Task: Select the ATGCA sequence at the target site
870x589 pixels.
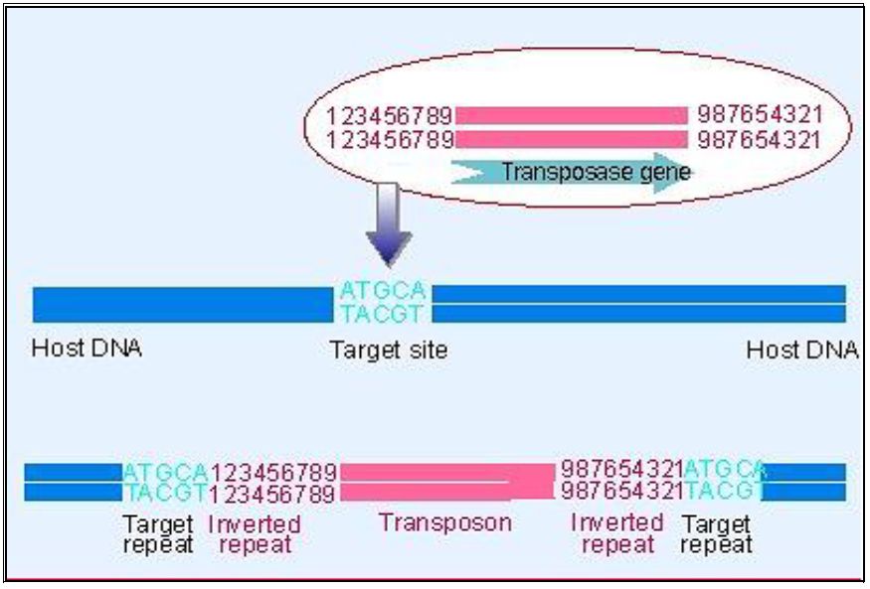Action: pyautogui.click(x=383, y=291)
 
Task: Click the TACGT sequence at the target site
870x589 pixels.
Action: pyautogui.click(x=383, y=313)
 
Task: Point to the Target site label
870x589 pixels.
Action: pyautogui.click(x=389, y=350)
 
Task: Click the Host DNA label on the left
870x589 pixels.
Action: pyautogui.click(x=87, y=349)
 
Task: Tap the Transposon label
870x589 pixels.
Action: pyautogui.click(x=445, y=522)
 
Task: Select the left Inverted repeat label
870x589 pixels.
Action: pyautogui.click(x=256, y=533)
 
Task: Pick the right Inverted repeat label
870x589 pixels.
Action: pyautogui.click(x=617, y=533)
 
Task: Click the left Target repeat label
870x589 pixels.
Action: pyautogui.click(x=158, y=533)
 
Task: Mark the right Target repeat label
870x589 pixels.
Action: pyautogui.click(x=717, y=533)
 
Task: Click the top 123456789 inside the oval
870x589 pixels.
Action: pyautogui.click(x=390, y=115)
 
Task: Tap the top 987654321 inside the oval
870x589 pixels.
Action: pyautogui.click(x=760, y=115)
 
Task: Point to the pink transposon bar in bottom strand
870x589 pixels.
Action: pyautogui.click(x=445, y=481)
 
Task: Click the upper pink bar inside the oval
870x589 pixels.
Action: pyautogui.click(x=571, y=115)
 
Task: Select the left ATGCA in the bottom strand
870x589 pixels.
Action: pyautogui.click(x=165, y=471)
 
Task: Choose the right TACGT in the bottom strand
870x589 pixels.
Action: pyautogui.click(x=723, y=491)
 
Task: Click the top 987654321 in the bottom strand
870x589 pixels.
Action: pyautogui.click(x=621, y=470)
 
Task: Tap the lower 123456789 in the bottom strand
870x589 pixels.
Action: pyautogui.click(x=274, y=493)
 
